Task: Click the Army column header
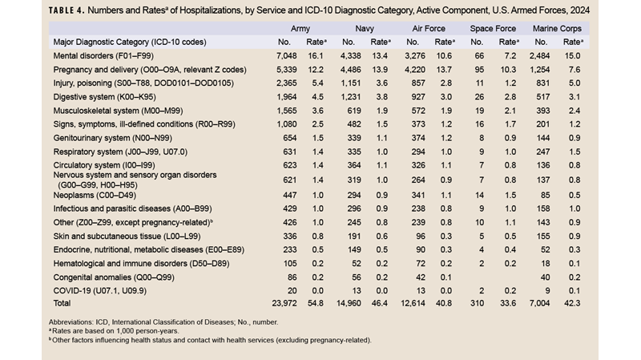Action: [294, 26]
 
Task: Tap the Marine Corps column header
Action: [558, 26]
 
